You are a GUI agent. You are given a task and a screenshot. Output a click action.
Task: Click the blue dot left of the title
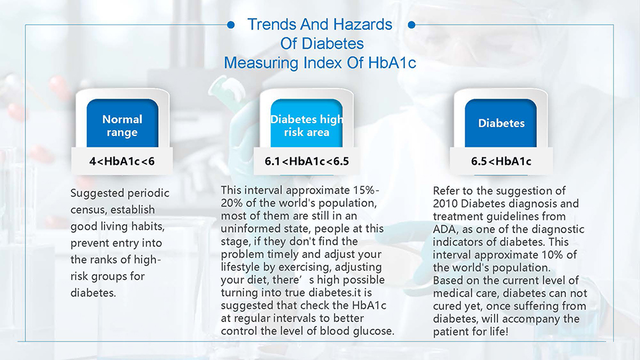click(x=231, y=25)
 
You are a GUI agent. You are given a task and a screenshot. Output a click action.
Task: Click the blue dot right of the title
click(x=411, y=25)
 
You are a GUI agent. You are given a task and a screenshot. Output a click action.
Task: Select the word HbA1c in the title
click(x=392, y=63)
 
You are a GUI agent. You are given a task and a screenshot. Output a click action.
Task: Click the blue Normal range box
click(x=123, y=123)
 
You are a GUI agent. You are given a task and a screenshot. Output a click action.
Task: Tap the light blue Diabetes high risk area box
click(x=307, y=123)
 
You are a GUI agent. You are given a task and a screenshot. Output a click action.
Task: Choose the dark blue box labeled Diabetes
click(x=501, y=123)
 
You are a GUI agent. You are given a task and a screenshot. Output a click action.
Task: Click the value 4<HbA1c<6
click(x=122, y=161)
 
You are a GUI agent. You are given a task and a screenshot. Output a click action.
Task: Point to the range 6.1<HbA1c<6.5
click(x=307, y=161)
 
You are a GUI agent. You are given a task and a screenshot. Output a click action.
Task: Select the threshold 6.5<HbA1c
click(x=501, y=161)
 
